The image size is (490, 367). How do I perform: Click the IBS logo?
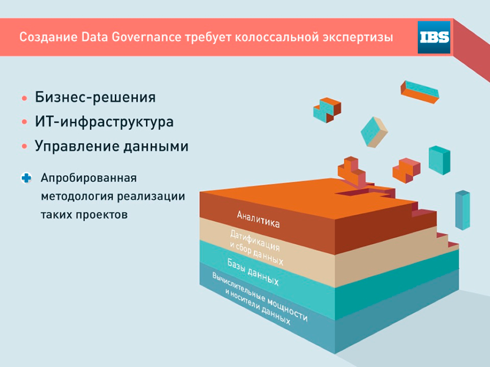coord(434,37)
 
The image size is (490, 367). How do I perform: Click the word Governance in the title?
coord(146,37)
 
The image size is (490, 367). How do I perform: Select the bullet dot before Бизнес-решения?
coord(25,98)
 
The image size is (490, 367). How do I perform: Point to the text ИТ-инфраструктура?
coord(104,122)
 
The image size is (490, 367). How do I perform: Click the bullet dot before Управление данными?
coord(25,147)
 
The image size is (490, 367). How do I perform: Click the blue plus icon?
coord(26,178)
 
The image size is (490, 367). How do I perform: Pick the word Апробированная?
coord(88,178)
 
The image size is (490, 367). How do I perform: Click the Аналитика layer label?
coord(258,219)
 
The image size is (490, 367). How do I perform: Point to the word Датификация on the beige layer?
coord(255,241)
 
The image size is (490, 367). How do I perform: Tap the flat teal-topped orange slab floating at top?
coord(420,92)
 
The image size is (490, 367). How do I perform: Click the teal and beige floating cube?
coord(374,132)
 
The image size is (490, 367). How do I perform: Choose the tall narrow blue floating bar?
coord(463,210)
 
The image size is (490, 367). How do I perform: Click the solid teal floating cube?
coord(440,160)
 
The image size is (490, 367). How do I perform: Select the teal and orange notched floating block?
coord(327,110)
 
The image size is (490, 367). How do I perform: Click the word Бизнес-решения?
coord(95,97)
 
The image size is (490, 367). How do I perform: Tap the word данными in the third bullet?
coord(156,147)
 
